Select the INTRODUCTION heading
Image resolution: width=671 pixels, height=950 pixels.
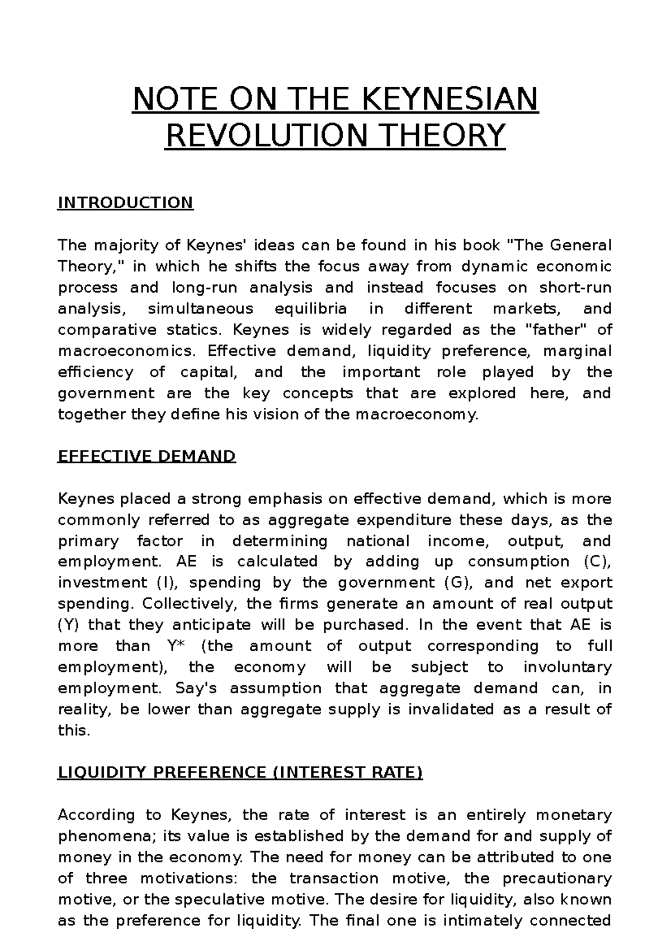tap(125, 203)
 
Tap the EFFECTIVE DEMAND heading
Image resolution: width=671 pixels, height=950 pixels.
tap(147, 457)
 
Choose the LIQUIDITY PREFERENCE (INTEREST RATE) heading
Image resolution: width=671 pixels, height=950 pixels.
tap(240, 773)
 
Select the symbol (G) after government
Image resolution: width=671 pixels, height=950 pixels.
tap(459, 583)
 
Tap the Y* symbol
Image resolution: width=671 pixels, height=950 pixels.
tap(176, 646)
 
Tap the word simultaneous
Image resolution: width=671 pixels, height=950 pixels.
tap(200, 309)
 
